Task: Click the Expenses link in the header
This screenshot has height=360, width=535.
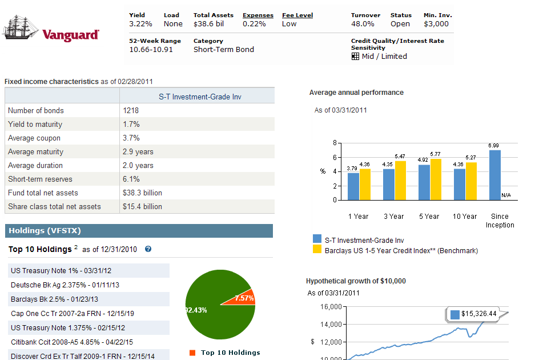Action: (258, 15)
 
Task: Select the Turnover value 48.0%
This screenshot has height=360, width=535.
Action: (363, 24)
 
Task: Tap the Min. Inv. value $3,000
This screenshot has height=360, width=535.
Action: (436, 24)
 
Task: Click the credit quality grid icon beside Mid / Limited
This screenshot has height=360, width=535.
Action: (355, 57)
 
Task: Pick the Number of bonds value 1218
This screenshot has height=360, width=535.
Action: (131, 110)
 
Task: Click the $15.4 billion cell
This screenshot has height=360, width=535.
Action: (142, 206)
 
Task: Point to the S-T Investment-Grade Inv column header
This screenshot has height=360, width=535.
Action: (200, 97)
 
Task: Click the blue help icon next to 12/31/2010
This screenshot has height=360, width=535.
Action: (148, 249)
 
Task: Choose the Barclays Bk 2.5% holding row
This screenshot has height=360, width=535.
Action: (55, 299)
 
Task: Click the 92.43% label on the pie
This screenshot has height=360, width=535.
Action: (196, 310)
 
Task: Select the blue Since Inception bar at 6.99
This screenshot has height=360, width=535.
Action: (495, 175)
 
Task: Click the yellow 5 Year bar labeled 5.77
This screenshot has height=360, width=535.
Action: (436, 179)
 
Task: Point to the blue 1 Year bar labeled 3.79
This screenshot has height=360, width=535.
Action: (353, 186)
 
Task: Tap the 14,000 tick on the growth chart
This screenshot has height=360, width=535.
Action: (332, 324)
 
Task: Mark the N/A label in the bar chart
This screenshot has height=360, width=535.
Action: (506, 195)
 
